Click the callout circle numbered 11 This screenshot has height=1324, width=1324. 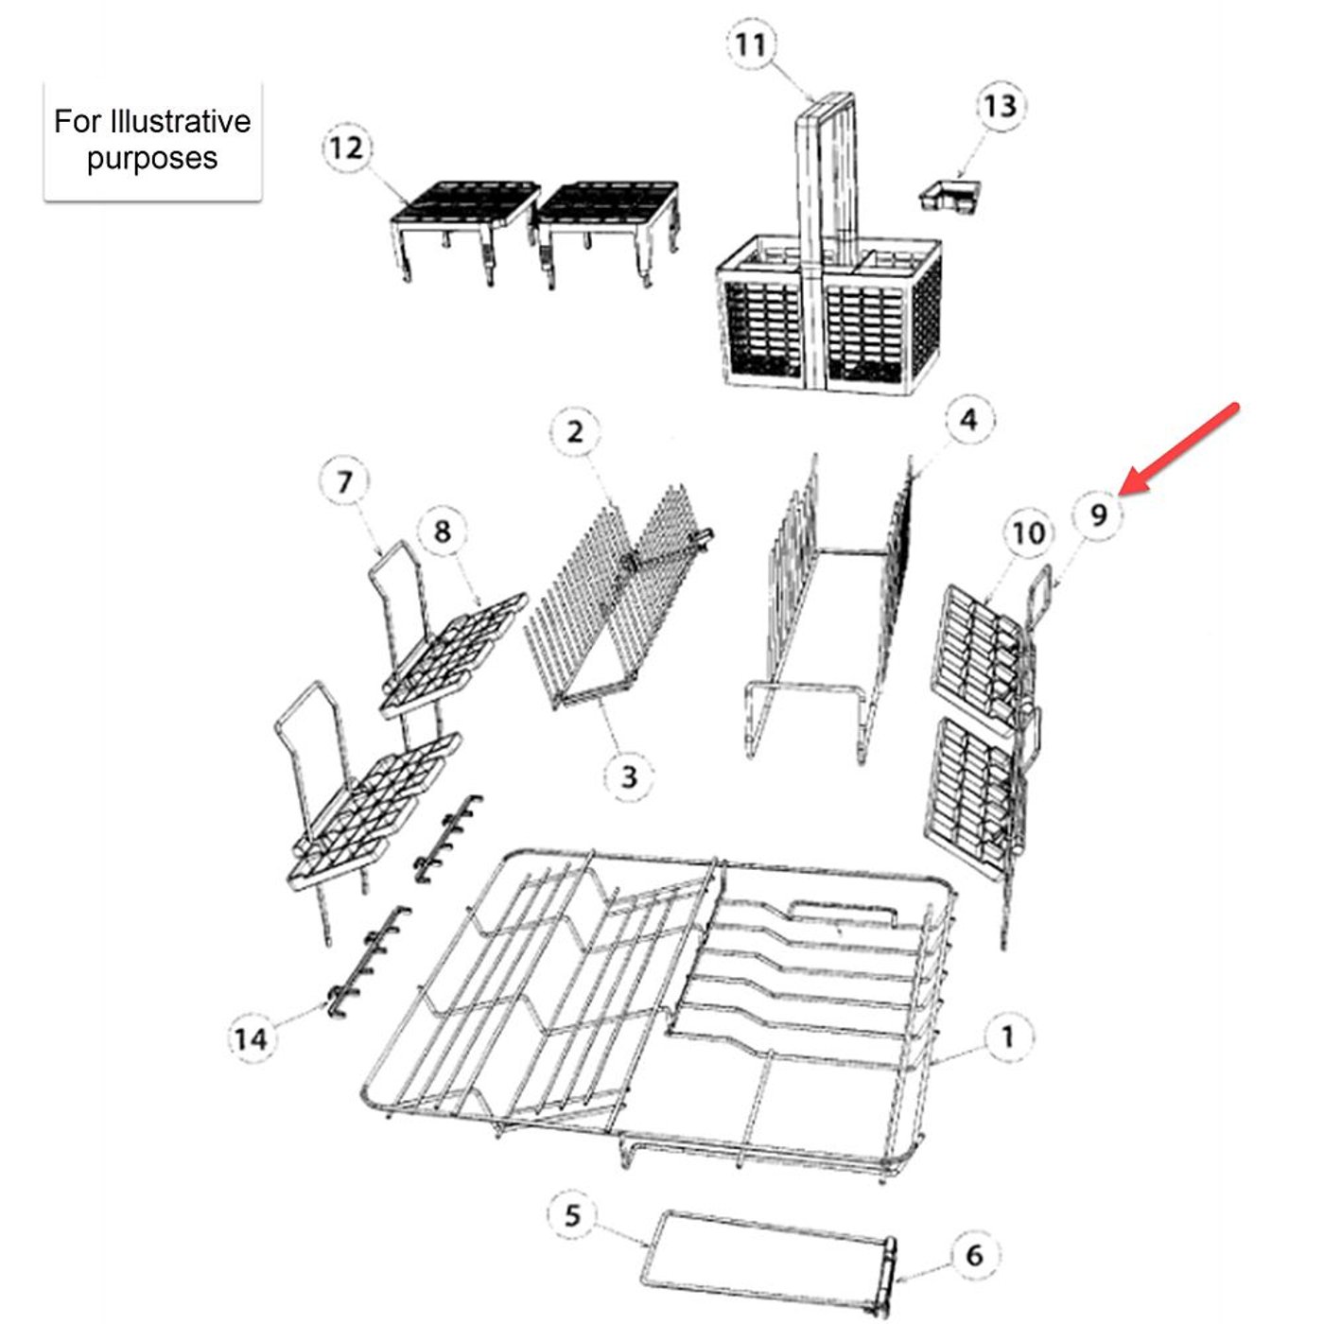coord(751,44)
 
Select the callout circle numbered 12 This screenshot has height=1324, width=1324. coord(347,148)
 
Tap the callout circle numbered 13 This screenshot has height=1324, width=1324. coord(1000,106)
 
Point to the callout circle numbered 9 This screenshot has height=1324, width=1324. coord(1098,515)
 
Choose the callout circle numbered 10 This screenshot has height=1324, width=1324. coord(1028,534)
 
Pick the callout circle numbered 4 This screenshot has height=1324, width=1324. coord(967,420)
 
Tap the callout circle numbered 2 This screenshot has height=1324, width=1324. coord(575,432)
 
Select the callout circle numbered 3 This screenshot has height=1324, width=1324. coord(629,777)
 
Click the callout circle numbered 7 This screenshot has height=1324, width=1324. coord(344,482)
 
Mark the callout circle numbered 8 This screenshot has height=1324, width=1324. coord(443,531)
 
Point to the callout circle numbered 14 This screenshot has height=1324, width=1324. coord(251,1039)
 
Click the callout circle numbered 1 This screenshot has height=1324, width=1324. coord(1008,1037)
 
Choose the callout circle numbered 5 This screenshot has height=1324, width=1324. coord(572,1215)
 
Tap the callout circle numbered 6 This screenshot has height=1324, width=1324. coord(974,1255)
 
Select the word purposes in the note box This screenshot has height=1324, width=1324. coord(152,158)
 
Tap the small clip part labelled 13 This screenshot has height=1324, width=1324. coord(949,196)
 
